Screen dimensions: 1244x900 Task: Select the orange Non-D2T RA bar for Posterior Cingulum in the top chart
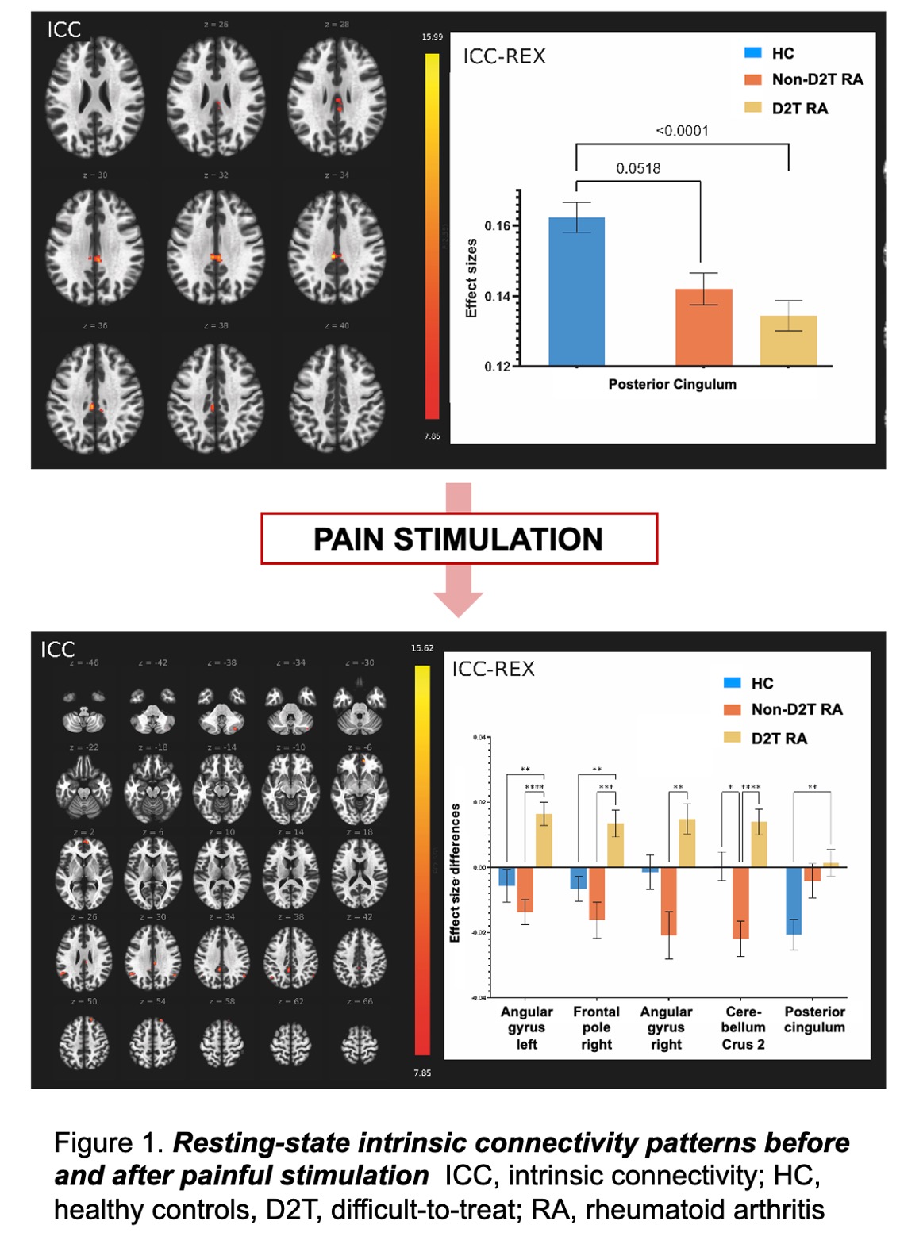[x=703, y=327]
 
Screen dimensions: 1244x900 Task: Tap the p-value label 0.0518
[x=638, y=168]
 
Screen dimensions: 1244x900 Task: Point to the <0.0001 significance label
[x=682, y=131]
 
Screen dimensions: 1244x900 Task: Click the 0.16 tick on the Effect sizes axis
[x=498, y=226]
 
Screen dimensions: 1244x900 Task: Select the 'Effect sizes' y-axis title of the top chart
[x=471, y=278]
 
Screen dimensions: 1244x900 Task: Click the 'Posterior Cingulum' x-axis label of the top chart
[x=672, y=384]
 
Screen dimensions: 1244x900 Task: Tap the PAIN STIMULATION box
[x=459, y=539]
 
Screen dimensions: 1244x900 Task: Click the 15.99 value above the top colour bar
[x=433, y=37]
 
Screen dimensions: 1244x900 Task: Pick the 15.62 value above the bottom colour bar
[x=422, y=648]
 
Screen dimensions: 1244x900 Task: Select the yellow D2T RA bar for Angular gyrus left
[x=544, y=840]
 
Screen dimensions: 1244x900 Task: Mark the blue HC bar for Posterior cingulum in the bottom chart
[x=794, y=900]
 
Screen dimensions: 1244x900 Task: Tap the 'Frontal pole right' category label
[x=596, y=1028]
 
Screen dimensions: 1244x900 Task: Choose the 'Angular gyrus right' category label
[x=666, y=1028]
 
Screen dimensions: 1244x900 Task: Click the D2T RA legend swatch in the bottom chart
[x=732, y=738]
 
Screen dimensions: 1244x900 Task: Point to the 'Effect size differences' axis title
[x=456, y=873]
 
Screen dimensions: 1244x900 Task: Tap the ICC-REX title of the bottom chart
[x=493, y=669]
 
